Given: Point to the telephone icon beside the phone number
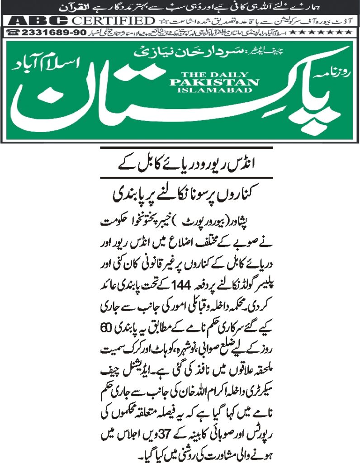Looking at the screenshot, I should point(14,33).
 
